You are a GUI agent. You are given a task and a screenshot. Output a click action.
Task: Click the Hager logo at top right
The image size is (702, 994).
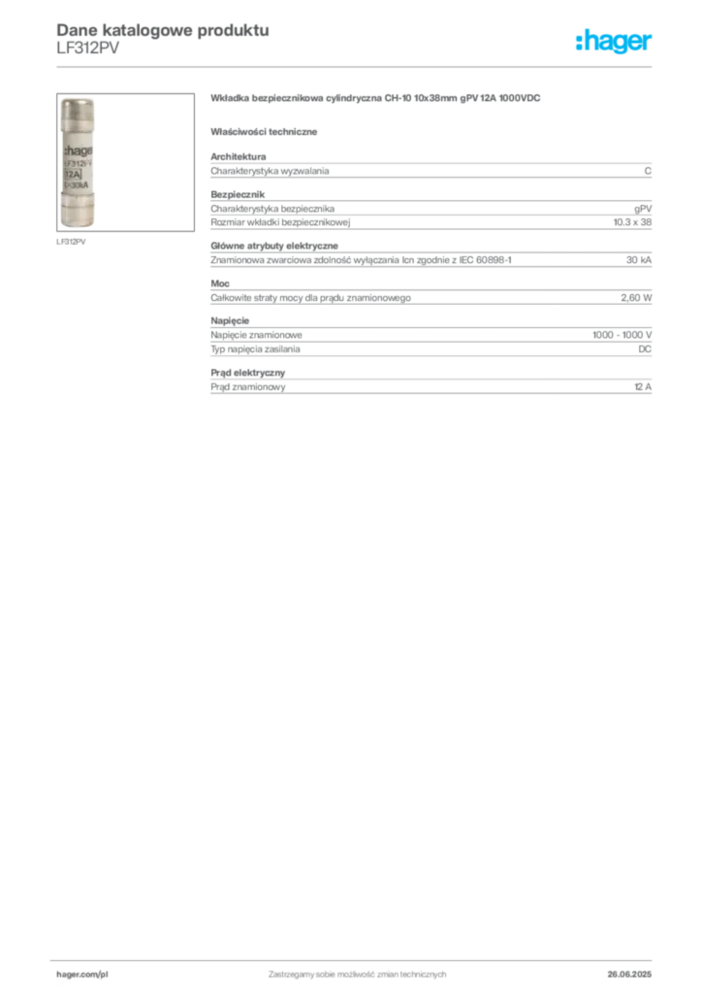tap(613, 42)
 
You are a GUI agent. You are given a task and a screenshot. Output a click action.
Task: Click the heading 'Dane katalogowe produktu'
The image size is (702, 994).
tap(163, 30)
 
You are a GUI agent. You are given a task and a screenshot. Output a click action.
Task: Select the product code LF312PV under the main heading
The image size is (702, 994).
tap(88, 49)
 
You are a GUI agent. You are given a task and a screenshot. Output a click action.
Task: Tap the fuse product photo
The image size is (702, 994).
tap(125, 162)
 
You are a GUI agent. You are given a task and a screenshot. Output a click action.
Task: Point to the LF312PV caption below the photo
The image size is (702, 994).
tap(71, 242)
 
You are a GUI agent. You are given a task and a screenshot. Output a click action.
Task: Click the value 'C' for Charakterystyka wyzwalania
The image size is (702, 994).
tap(648, 171)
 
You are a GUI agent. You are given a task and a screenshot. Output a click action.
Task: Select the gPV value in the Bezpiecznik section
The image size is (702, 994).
tap(643, 210)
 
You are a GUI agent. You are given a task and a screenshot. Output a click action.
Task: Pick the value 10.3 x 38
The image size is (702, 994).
tap(632, 222)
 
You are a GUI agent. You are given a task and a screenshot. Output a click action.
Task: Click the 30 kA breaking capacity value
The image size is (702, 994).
tap(639, 260)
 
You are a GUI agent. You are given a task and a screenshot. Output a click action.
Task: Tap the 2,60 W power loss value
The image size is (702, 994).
tap(636, 298)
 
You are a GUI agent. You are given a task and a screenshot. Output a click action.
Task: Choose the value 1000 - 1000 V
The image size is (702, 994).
tap(622, 335)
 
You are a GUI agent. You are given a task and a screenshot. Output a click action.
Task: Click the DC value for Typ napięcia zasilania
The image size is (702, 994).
tap(645, 349)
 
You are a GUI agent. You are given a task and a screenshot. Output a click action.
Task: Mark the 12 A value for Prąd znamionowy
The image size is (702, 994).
tap(643, 386)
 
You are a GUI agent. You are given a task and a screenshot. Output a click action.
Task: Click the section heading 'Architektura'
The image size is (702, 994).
tap(238, 156)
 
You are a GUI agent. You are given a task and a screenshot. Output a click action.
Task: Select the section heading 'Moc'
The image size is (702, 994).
tap(220, 283)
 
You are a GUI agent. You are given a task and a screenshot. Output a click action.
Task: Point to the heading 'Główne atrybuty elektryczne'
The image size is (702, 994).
tap(274, 246)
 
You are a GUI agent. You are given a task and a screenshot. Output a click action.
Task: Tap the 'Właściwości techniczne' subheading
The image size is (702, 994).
tap(264, 132)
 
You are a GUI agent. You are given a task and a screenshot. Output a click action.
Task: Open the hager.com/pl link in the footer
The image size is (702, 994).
tap(82, 975)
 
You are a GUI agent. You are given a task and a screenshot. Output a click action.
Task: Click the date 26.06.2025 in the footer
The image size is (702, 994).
tap(629, 975)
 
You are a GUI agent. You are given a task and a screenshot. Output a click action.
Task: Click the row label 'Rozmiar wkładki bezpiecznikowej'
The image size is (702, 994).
tap(280, 222)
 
